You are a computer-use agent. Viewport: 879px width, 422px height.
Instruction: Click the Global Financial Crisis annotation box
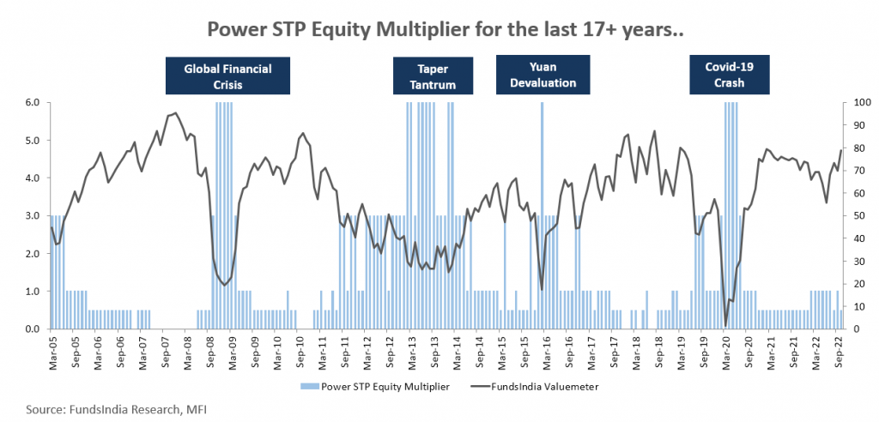tap(227, 75)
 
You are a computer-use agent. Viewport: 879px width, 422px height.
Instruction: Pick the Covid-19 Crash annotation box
tap(730, 75)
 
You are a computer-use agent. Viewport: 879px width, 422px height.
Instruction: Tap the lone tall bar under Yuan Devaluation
tap(542, 214)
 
